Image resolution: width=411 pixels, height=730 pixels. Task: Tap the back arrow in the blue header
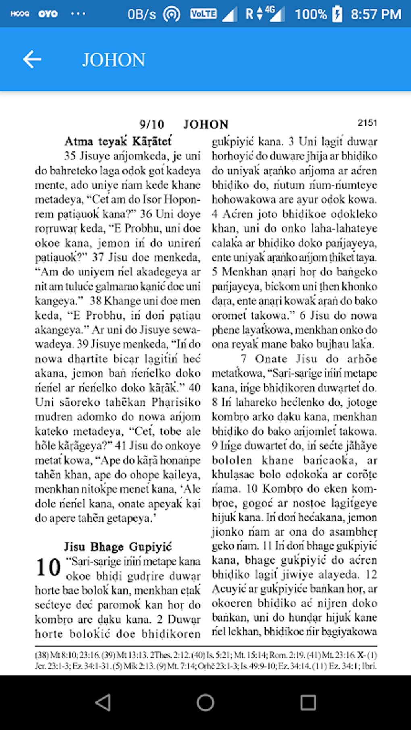[x=32, y=60]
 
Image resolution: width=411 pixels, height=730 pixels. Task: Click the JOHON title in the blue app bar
[x=114, y=60]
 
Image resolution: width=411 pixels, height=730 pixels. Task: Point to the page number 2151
[x=367, y=122]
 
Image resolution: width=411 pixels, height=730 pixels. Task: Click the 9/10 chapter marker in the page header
[x=152, y=124]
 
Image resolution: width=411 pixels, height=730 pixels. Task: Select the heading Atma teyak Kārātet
[x=118, y=141]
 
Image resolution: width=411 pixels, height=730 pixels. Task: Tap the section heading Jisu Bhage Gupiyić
[x=118, y=547]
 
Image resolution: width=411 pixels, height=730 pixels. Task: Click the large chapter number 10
[x=48, y=568]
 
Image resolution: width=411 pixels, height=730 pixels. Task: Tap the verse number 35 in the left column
[x=70, y=156]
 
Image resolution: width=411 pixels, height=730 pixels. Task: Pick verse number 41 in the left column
[x=120, y=446]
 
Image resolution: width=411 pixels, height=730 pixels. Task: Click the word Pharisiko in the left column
[x=176, y=402]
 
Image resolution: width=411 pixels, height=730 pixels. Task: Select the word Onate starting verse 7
[x=271, y=359]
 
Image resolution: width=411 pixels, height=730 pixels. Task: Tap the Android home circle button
[x=205, y=703]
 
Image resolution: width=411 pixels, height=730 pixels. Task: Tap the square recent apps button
[x=308, y=703]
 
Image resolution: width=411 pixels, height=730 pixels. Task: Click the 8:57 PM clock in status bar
[x=376, y=14]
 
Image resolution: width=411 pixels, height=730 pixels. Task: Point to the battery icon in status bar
[x=337, y=14]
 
